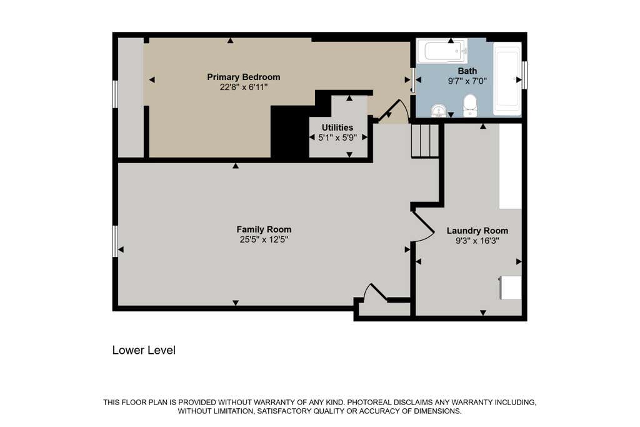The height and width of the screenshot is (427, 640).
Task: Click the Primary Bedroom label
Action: click(x=244, y=77)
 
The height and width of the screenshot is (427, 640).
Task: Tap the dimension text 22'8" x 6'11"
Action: click(x=244, y=87)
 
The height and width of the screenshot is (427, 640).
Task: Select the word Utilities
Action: click(x=337, y=128)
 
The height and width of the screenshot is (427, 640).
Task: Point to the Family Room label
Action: click(x=264, y=229)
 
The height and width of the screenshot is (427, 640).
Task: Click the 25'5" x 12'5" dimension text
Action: click(x=264, y=239)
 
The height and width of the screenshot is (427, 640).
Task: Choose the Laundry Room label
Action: click(x=477, y=231)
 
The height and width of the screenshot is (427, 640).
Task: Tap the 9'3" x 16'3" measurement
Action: click(x=477, y=241)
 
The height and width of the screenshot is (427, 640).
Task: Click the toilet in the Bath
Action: click(x=470, y=105)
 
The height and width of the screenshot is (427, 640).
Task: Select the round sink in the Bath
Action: click(x=439, y=111)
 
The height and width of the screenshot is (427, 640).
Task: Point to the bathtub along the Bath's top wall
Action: click(x=442, y=51)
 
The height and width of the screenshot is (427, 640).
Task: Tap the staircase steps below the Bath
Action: click(x=424, y=141)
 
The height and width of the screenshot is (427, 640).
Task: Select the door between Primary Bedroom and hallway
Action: click(x=393, y=111)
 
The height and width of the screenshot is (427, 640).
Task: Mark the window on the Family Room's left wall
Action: click(x=115, y=241)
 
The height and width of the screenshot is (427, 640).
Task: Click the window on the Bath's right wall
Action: click(x=524, y=74)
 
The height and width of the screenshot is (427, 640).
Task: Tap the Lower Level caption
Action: click(x=144, y=350)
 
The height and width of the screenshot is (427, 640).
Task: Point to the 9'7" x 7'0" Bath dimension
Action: click(x=467, y=81)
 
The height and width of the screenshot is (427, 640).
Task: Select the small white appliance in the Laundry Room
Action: click(x=510, y=288)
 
